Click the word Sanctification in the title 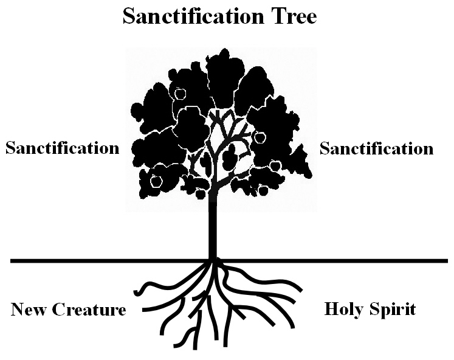click(191, 16)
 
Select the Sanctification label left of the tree click(62, 148)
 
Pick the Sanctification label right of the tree click(376, 148)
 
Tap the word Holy click(344, 309)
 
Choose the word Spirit click(393, 309)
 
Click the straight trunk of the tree click(213, 225)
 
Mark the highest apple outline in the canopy click(180, 93)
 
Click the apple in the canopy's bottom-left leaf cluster click(156, 181)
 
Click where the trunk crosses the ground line click(213, 261)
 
